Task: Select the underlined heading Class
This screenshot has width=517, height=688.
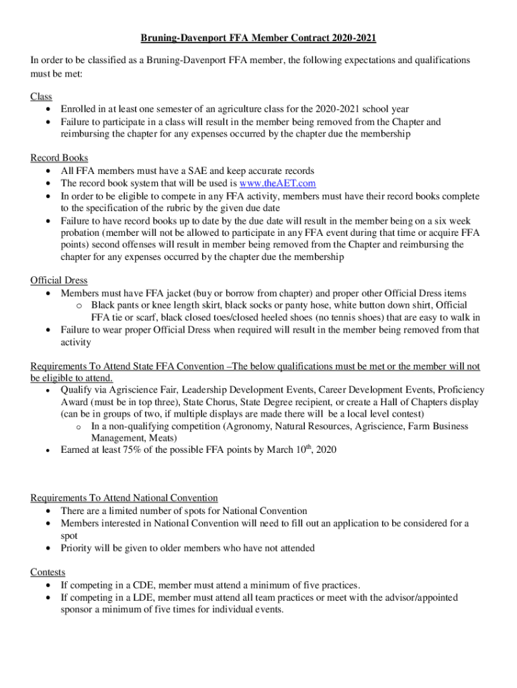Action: coord(41,97)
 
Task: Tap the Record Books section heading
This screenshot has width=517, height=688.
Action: coord(59,158)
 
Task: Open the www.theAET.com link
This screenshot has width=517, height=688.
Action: coord(277,183)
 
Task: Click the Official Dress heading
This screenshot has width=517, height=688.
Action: coord(59,280)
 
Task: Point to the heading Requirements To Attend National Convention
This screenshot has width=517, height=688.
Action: coord(124,498)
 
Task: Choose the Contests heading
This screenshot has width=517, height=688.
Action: coord(48,572)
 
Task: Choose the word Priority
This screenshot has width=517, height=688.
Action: coord(78,548)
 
